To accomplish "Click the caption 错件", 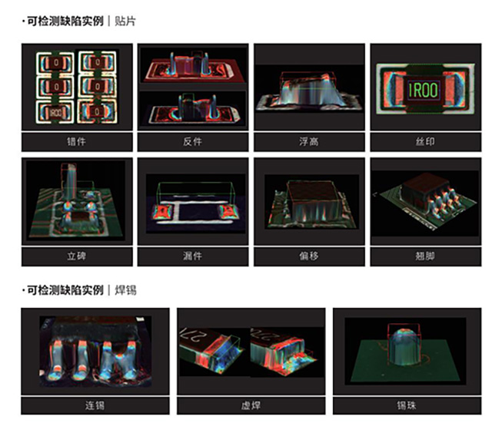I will click(x=76, y=141).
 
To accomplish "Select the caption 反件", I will click(x=192, y=141).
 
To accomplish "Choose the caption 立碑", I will click(x=76, y=256).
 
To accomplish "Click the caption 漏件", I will click(x=192, y=256).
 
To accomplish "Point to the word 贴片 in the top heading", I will click(x=125, y=22).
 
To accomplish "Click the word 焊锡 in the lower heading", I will click(x=125, y=291).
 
